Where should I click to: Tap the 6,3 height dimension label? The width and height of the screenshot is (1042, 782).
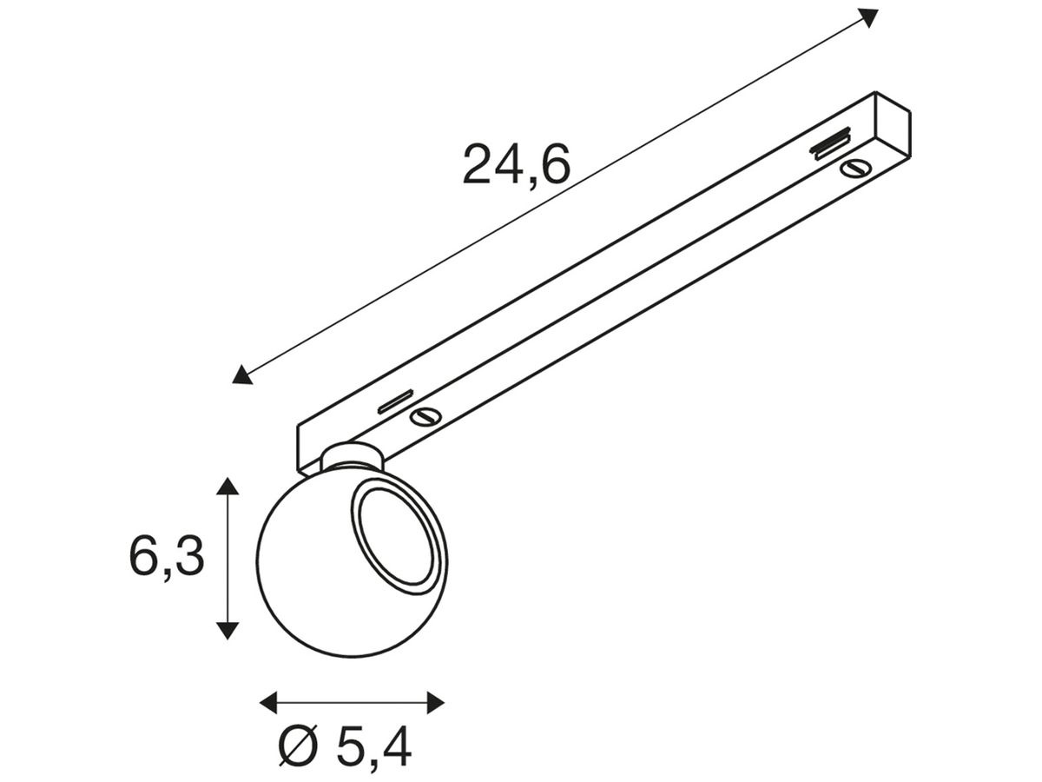pos(167,557)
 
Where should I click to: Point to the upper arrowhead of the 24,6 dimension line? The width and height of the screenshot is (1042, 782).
pos(868,16)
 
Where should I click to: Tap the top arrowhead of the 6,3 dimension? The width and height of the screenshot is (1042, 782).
pos(228,486)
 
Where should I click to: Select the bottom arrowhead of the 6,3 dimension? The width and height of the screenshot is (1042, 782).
pos(228,631)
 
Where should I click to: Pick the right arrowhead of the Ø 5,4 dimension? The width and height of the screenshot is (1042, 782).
pos(436,701)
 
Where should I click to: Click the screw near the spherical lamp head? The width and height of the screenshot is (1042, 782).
pos(425,417)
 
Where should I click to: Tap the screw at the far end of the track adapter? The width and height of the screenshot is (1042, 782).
pos(853,168)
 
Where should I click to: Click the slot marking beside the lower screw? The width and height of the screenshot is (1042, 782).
pos(395,401)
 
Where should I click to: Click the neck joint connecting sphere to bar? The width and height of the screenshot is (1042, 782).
pos(350,455)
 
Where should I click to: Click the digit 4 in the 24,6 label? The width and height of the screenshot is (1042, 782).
pos(502,165)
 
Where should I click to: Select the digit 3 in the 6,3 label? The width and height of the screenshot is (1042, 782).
pos(188,557)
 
